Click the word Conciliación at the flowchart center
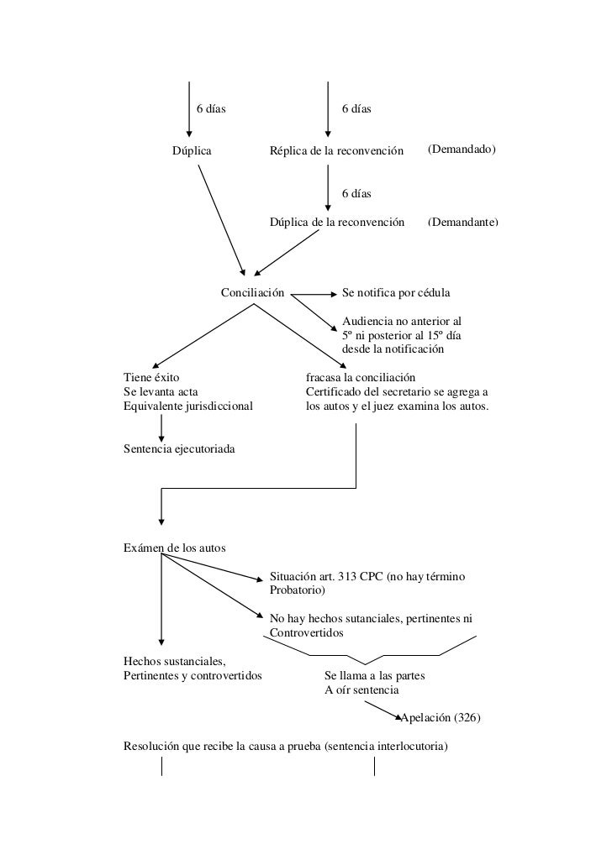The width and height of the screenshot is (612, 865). tap(252, 293)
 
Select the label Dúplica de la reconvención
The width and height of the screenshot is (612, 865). tap(337, 223)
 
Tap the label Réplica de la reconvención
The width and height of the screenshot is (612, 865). tap(336, 151)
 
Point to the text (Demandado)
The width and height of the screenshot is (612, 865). tap(462, 149)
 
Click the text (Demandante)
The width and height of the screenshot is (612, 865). tap(463, 223)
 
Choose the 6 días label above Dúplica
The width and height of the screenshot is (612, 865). tap(211, 108)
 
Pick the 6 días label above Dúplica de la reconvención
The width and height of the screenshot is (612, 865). tap(356, 194)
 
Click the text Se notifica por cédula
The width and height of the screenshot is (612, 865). tap(396, 293)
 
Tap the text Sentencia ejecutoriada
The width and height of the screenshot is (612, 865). tap(179, 449)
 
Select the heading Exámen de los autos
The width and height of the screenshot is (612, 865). tap(175, 548)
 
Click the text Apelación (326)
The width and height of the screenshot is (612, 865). tap(441, 718)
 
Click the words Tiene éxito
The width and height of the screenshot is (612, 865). tap(151, 378)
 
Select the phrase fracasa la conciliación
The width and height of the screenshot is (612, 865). tap(361, 378)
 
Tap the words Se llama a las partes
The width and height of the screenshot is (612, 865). tap(374, 676)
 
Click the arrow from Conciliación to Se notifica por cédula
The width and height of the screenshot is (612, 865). tap(314, 295)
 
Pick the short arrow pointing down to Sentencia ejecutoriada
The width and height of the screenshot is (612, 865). tap(161, 428)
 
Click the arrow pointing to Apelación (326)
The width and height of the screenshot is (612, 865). tap(382, 710)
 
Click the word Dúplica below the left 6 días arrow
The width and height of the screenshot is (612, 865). tap(192, 151)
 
